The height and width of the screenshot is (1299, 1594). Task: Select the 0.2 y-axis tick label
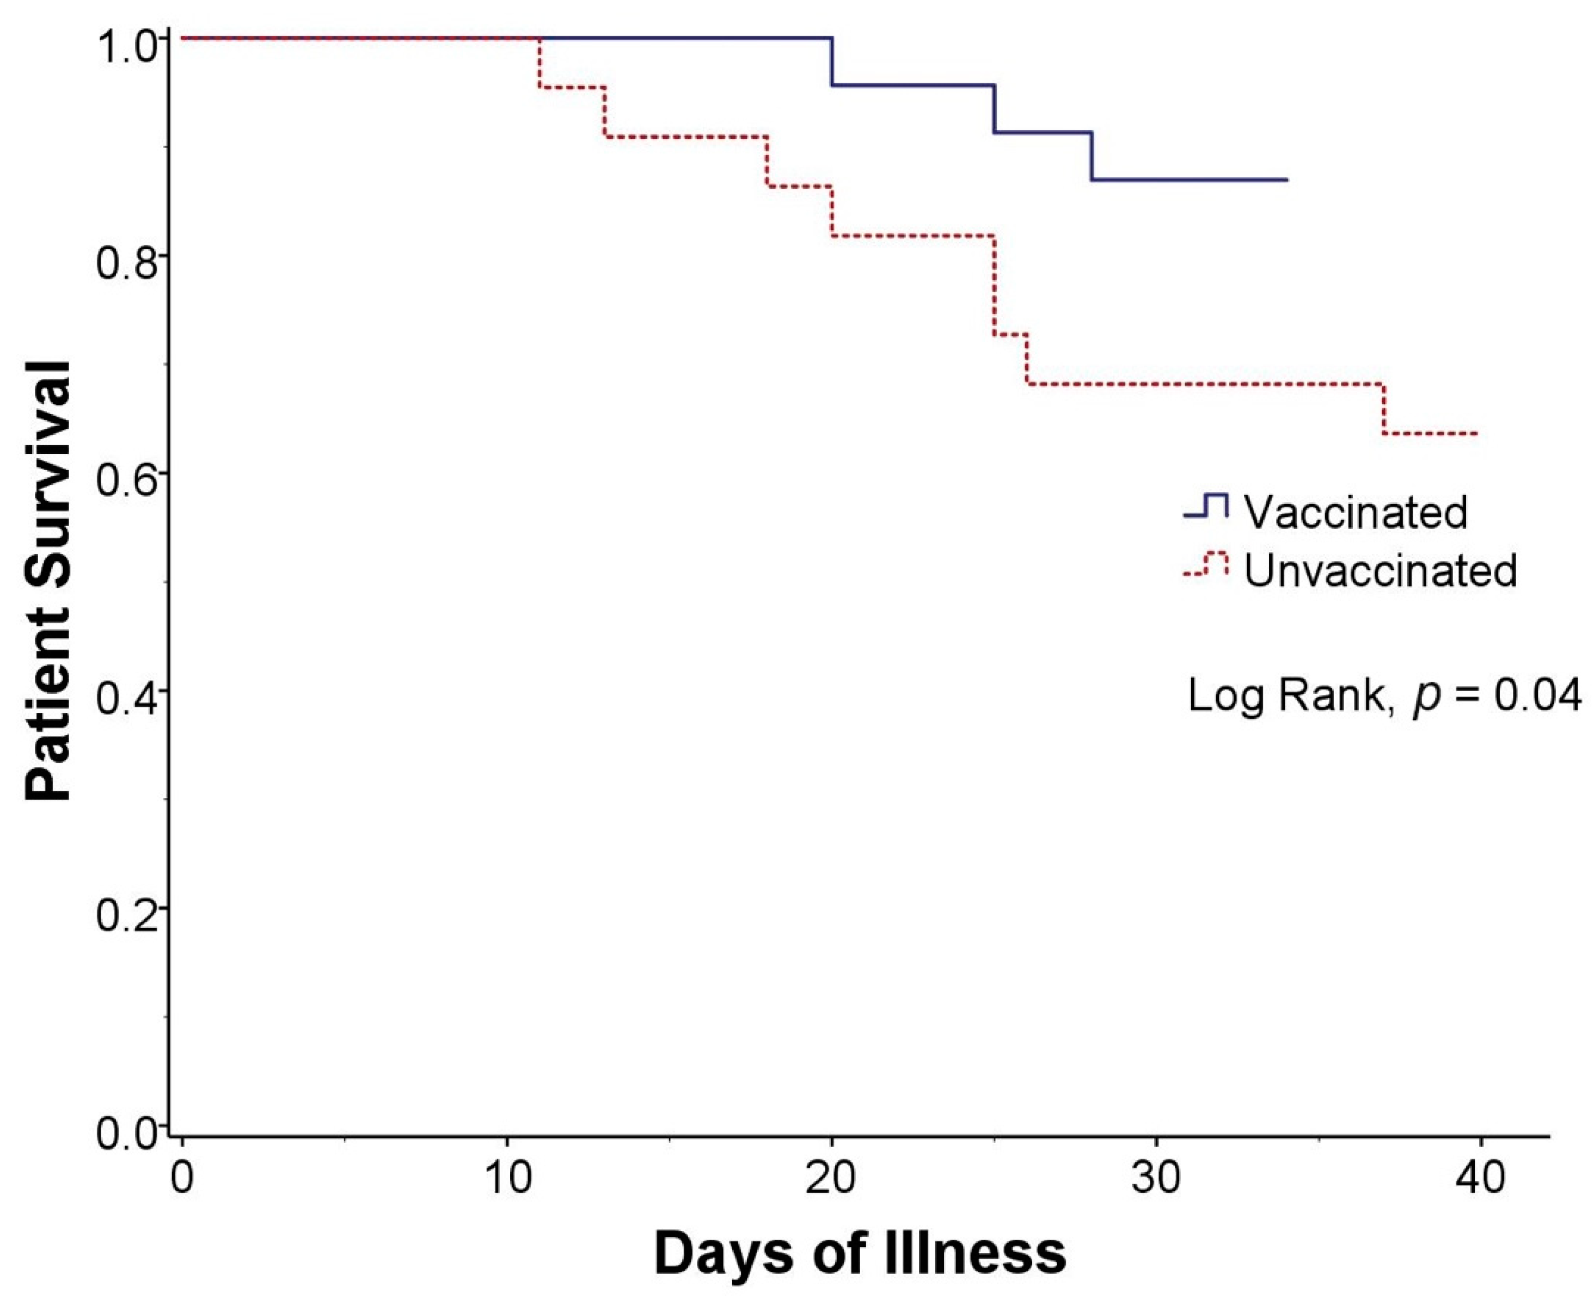pos(124,914)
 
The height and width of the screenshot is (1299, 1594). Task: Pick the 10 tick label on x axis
pos(507,1177)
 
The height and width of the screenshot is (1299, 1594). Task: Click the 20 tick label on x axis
pos(831,1177)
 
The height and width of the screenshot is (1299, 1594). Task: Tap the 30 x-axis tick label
pos(1156,1177)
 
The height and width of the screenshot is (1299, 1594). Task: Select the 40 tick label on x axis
pos(1480,1177)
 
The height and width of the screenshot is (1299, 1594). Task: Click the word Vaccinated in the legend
pos(1355,512)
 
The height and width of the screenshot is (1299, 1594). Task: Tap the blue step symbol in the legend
pos(1206,506)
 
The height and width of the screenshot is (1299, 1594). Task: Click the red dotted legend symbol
pos(1206,564)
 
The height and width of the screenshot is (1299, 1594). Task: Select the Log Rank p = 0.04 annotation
pos(1384,696)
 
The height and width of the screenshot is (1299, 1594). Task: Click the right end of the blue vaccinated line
pos(1286,180)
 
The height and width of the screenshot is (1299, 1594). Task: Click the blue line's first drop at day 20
pos(831,61)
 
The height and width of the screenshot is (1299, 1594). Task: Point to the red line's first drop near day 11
pos(539,63)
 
